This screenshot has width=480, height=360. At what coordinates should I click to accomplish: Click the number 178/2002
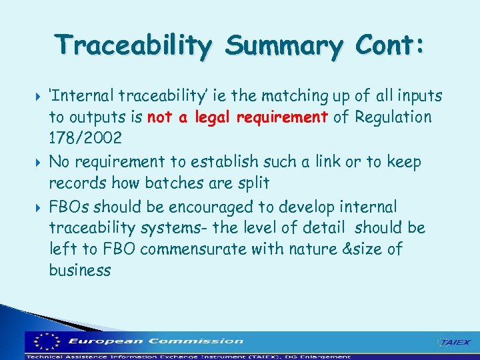[x=85, y=139]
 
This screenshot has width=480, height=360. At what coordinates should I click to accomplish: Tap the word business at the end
[x=80, y=270]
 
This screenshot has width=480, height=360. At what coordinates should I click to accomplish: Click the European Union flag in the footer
[x=45, y=341]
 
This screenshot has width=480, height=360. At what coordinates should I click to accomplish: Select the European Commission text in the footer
[x=156, y=341]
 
